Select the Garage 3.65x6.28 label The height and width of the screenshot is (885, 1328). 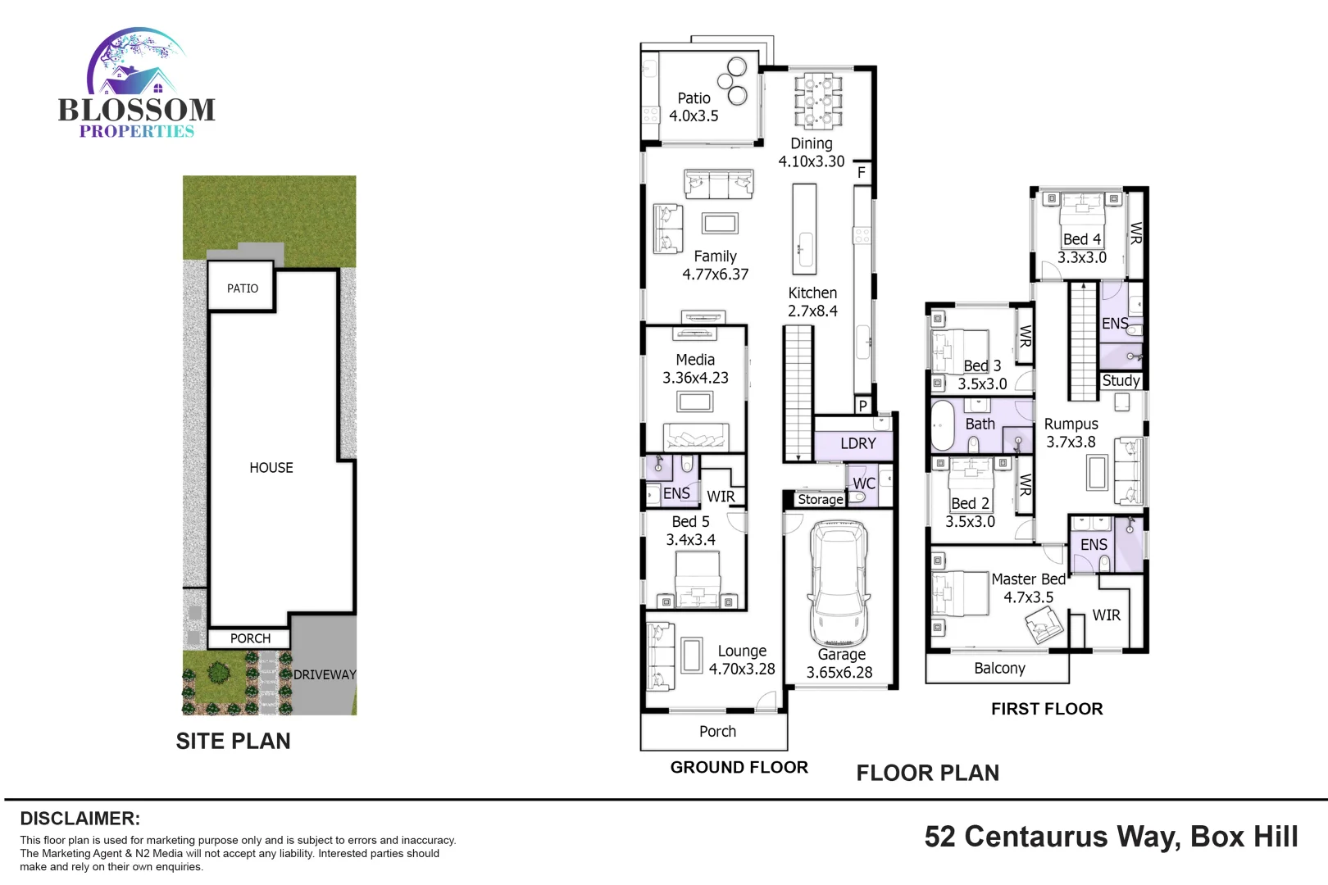point(840,664)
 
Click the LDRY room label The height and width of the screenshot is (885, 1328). point(858,443)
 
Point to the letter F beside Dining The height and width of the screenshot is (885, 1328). point(862,173)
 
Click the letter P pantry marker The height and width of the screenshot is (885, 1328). point(862,406)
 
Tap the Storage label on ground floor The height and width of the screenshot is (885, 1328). point(820,499)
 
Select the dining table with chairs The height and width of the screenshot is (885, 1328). point(818,101)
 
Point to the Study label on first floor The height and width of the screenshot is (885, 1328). point(1121,380)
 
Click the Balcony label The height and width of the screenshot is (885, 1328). point(999,668)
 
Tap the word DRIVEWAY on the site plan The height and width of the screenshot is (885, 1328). point(325,674)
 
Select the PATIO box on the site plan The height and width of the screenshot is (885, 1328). point(242,288)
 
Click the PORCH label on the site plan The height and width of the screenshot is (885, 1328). point(250,638)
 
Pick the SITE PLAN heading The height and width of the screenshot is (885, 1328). point(233,741)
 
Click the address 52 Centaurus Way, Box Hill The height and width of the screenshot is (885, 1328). point(1111,837)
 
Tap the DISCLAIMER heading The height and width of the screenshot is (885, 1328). point(80,818)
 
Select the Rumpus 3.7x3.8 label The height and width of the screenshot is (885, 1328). point(1071,433)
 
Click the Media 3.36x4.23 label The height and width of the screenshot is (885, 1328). point(695,369)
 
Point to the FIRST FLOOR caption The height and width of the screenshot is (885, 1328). point(1047,709)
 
